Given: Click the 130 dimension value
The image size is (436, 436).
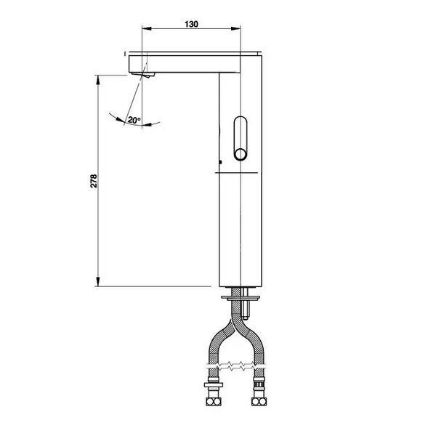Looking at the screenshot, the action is pyautogui.click(x=191, y=24).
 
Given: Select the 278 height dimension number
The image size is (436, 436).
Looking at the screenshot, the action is pyautogui.click(x=94, y=181).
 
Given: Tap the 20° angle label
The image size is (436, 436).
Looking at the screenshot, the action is pyautogui.click(x=134, y=121).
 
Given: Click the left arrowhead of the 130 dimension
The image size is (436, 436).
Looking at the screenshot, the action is pyautogui.click(x=146, y=28).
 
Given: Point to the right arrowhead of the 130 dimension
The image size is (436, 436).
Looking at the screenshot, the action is pyautogui.click(x=235, y=28).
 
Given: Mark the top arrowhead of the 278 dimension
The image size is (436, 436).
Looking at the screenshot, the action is pyautogui.click(x=97, y=79).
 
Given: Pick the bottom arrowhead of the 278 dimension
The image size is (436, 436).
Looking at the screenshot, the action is pyautogui.click(x=97, y=282).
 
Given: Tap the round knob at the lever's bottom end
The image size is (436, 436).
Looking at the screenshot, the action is pyautogui.click(x=240, y=154).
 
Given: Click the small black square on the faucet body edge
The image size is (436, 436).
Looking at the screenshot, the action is pyautogui.click(x=220, y=162).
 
